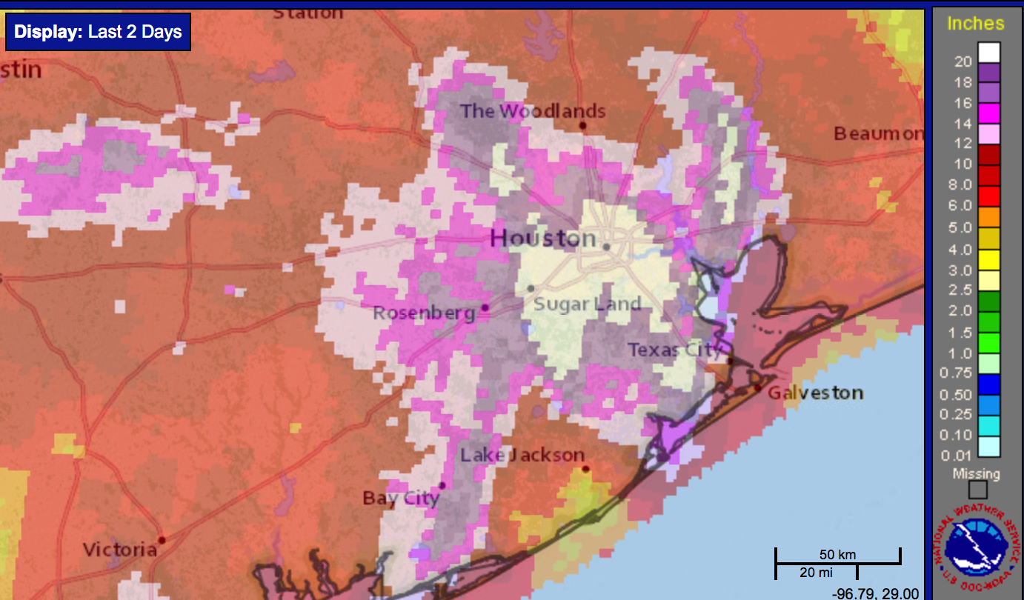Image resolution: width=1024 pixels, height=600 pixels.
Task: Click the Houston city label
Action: tap(543, 239)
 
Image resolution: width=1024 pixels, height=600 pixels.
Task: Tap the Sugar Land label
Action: tap(587, 304)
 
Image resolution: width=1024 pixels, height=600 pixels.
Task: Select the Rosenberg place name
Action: tap(424, 313)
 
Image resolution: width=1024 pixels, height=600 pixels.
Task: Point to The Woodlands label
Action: tap(533, 112)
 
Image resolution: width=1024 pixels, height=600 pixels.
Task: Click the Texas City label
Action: tap(674, 349)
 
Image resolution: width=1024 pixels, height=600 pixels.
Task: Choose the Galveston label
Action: tap(815, 393)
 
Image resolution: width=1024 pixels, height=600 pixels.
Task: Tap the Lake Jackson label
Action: tap(522, 455)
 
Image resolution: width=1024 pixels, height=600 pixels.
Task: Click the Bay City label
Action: tap(401, 499)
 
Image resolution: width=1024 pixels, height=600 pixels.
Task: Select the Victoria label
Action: tap(120, 550)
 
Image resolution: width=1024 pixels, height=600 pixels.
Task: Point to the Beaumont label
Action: tap(879, 134)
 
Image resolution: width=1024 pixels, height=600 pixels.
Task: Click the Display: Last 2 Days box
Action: tap(99, 33)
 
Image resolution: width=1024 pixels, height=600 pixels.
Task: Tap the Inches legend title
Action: tap(975, 23)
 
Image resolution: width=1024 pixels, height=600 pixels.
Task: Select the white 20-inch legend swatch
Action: tap(988, 52)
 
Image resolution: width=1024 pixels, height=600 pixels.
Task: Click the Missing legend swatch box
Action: tap(978, 490)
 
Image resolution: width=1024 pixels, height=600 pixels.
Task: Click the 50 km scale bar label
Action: tap(837, 554)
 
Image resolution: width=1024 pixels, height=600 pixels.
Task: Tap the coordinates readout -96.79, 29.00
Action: tap(876, 593)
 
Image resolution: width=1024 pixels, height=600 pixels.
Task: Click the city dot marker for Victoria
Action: tap(162, 540)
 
